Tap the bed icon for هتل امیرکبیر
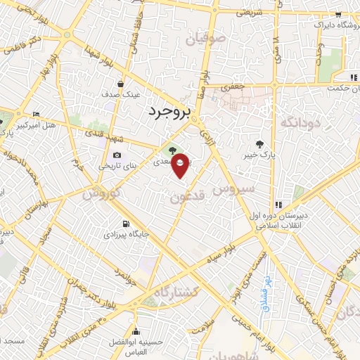click(x=36, y=114)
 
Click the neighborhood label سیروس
click(x=229, y=189)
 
